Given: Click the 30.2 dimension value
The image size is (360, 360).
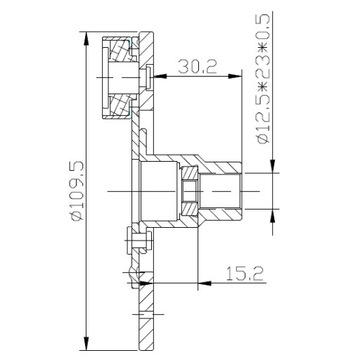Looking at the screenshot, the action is [197, 66].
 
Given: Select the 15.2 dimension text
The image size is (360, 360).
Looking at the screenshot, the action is [245, 273].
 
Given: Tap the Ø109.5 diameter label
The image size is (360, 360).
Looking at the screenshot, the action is [77, 192].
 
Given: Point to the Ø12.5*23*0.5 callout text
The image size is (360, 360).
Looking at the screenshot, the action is [263, 79].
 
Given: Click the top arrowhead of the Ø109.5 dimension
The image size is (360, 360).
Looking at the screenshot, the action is [87, 39].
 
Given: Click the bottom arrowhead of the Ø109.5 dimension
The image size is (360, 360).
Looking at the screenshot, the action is [87, 343].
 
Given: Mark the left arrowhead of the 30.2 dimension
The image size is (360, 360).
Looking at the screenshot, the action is [159, 76].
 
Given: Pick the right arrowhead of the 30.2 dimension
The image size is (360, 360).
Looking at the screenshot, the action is [234, 76].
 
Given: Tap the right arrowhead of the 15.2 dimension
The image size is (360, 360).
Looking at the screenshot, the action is [205, 283].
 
